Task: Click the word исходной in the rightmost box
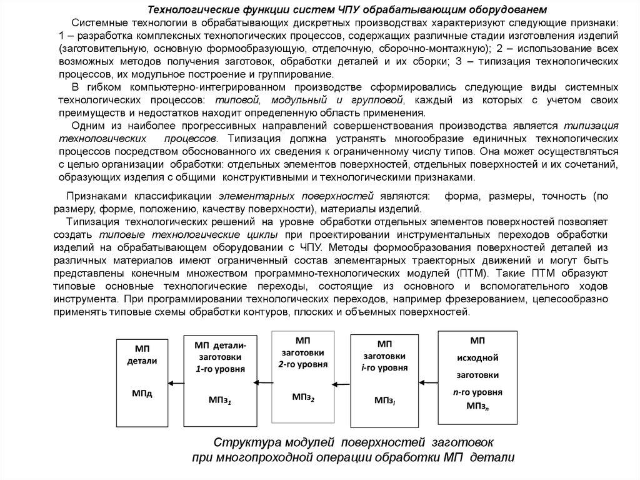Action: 477,358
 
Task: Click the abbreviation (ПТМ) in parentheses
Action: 476,273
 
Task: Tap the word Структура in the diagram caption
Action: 242,442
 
